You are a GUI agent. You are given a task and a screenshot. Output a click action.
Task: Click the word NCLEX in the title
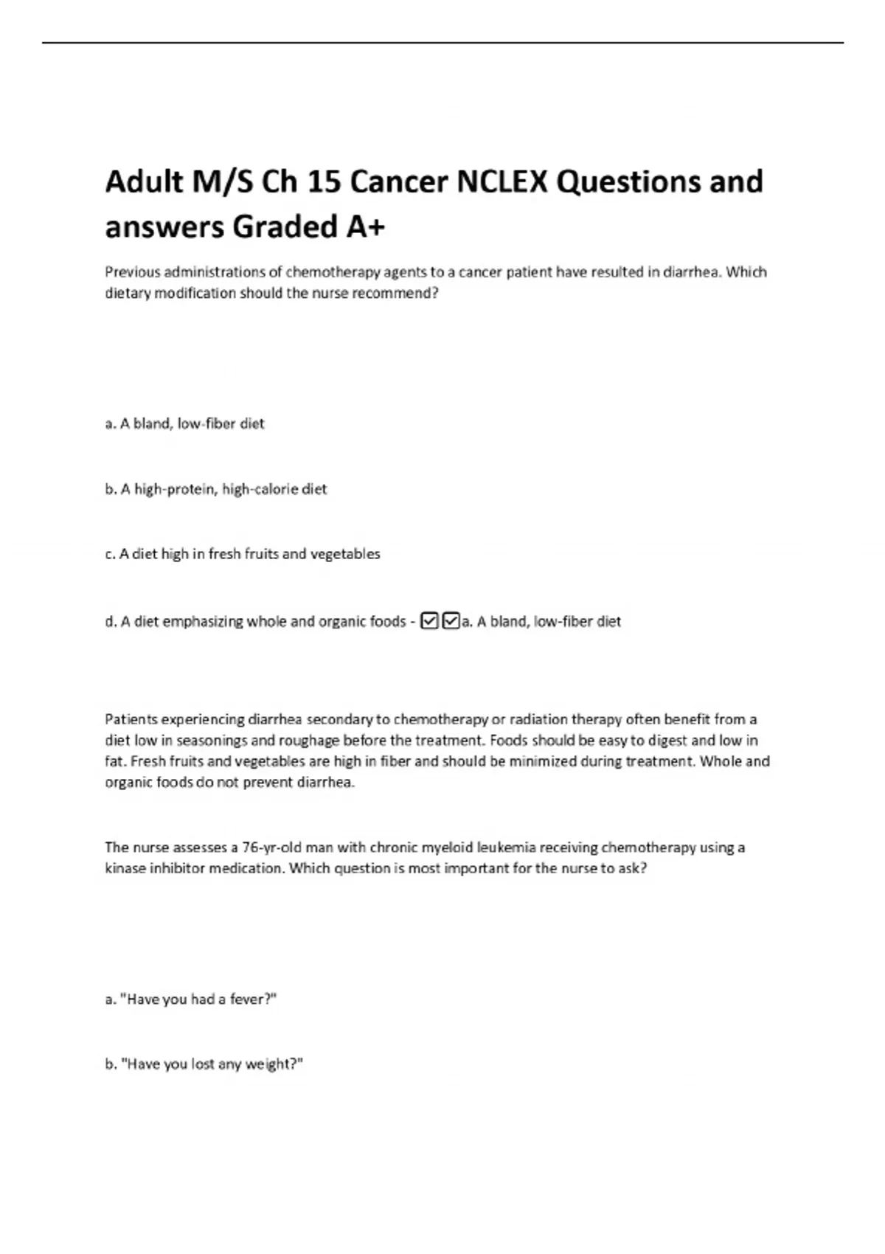click(x=502, y=181)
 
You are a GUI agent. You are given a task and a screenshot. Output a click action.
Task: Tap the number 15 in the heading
click(x=324, y=181)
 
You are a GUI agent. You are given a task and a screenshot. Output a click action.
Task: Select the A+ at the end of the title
click(x=365, y=226)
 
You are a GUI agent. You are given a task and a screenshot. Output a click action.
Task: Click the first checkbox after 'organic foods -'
click(x=429, y=621)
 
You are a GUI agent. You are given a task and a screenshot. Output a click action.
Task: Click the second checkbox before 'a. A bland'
click(x=451, y=621)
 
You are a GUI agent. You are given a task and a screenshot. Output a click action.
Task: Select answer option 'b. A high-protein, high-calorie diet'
click(x=215, y=489)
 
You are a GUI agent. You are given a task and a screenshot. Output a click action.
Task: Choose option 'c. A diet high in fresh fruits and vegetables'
click(x=243, y=554)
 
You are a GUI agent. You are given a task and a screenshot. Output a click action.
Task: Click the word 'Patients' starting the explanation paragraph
click(x=131, y=719)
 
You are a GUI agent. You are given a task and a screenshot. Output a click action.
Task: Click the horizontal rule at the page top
click(x=442, y=43)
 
